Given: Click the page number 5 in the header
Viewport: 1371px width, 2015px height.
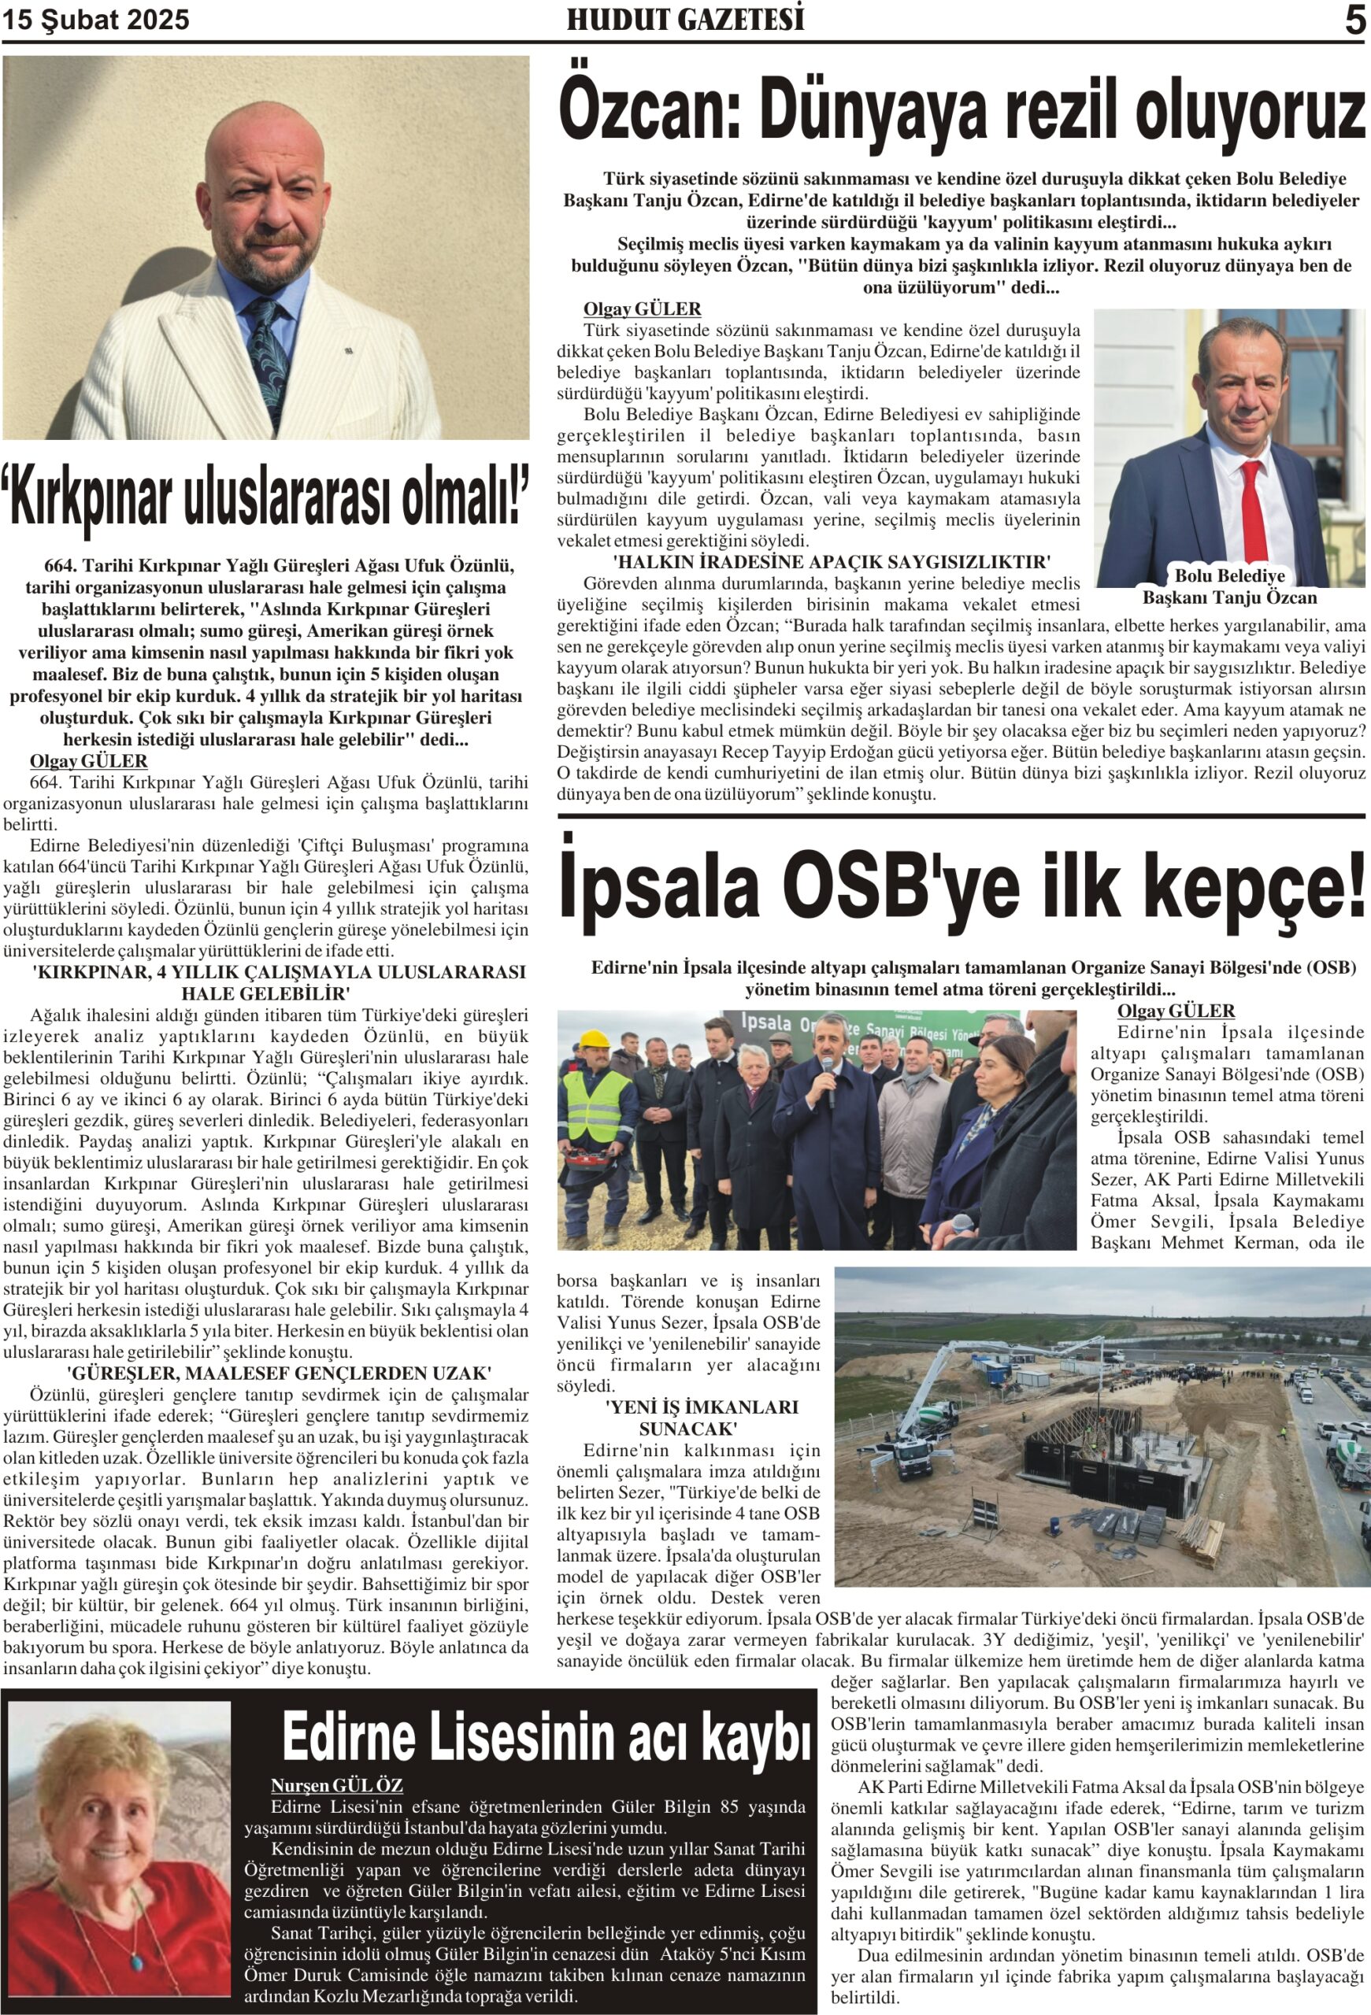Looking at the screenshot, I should point(1354,20).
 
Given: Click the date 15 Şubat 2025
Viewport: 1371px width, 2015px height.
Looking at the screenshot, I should point(95,20).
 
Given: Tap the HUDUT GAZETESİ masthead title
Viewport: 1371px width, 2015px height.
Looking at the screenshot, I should point(685,20).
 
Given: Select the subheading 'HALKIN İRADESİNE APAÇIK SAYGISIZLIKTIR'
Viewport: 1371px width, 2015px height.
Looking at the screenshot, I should point(831,562).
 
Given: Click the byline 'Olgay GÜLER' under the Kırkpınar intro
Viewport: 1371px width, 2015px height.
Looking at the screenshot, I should point(88,761).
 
